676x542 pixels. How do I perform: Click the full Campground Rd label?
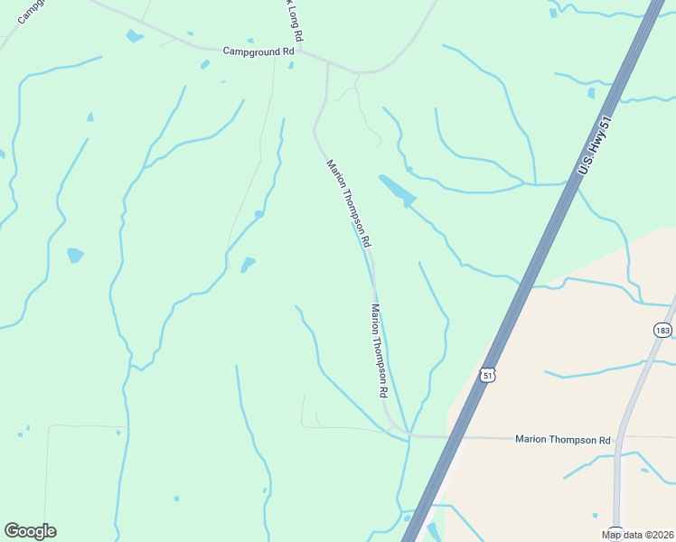click(x=258, y=51)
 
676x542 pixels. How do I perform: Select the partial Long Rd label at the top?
click(x=293, y=19)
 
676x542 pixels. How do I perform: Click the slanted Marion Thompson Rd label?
click(x=349, y=204)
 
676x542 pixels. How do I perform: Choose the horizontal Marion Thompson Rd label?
click(x=562, y=440)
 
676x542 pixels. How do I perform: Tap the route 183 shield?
click(x=664, y=331)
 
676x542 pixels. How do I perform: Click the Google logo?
click(x=30, y=531)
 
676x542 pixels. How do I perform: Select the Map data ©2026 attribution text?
click(x=637, y=535)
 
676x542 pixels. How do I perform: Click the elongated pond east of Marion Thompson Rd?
click(x=397, y=190)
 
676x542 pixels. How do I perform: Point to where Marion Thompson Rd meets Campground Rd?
click(x=328, y=66)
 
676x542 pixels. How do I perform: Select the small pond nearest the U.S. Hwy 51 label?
click(x=590, y=92)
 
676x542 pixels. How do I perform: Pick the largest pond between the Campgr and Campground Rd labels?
click(x=135, y=36)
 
